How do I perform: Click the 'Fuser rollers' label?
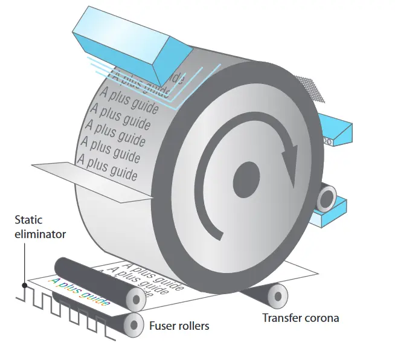click(179, 326)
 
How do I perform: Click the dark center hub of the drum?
click(246, 178)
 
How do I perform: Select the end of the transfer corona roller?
click(277, 295)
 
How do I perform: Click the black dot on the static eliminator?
click(25, 284)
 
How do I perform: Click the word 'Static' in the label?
click(28, 220)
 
